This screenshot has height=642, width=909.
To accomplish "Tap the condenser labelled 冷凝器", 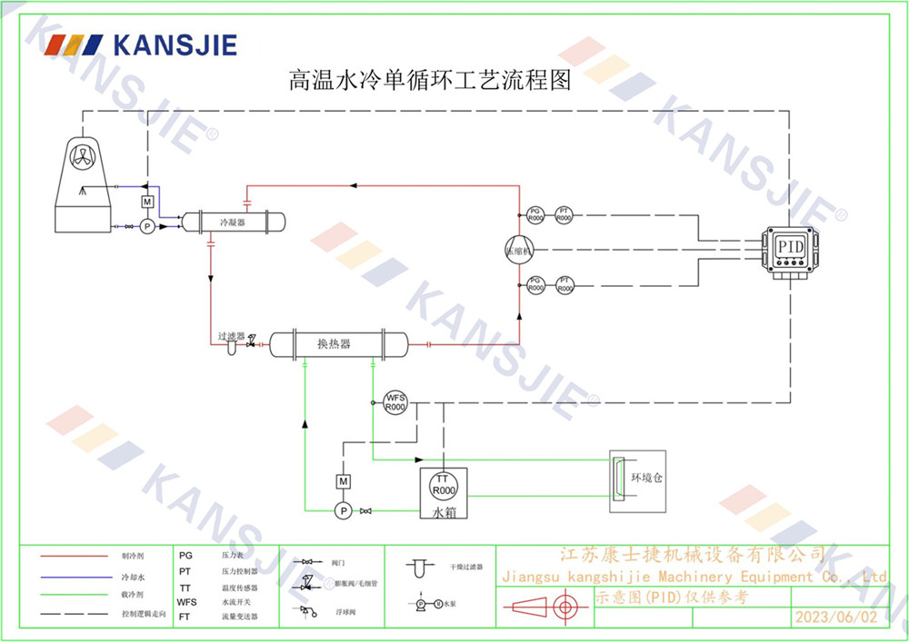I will pos(233,221).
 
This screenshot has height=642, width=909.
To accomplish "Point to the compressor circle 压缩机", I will pos(520,250).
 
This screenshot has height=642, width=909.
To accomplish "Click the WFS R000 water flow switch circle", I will pos(395,402).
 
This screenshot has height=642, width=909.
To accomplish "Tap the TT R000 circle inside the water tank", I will pos(443,485).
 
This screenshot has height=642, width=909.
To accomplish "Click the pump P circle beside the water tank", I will pos(344,511).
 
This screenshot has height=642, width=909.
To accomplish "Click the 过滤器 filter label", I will pos(231,335).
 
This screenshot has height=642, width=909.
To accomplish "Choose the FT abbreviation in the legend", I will pos(185,616).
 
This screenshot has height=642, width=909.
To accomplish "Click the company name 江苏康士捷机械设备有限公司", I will pos(693,553).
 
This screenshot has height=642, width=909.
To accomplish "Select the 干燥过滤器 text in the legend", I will pos(466,567).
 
